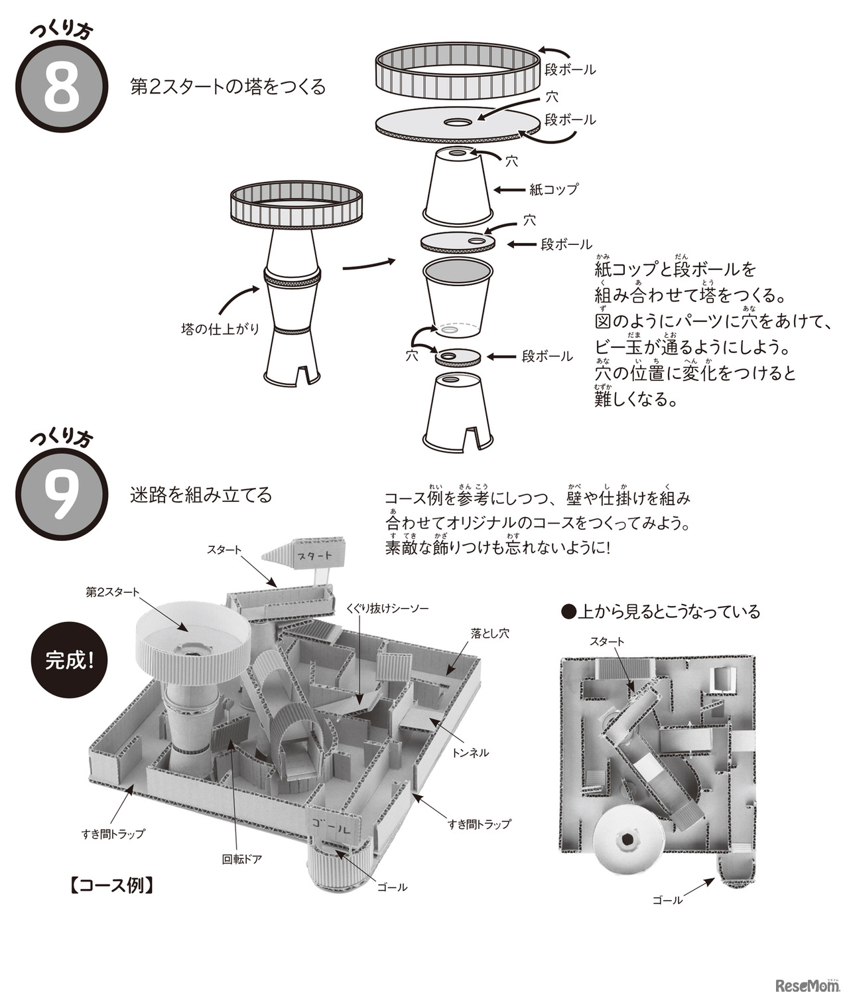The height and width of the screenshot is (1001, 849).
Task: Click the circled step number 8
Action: coord(61,88)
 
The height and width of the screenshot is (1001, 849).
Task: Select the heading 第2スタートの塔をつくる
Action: coord(228,87)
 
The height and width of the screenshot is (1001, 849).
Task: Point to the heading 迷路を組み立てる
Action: coord(201,495)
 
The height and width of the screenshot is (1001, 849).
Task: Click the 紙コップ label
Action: coord(553,189)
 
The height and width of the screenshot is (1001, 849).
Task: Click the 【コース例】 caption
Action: coord(111,886)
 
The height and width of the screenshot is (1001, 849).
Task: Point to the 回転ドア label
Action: coord(241,859)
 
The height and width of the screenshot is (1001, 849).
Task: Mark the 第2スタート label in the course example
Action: coord(112,591)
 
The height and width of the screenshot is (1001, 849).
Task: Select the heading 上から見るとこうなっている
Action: coord(661,611)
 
